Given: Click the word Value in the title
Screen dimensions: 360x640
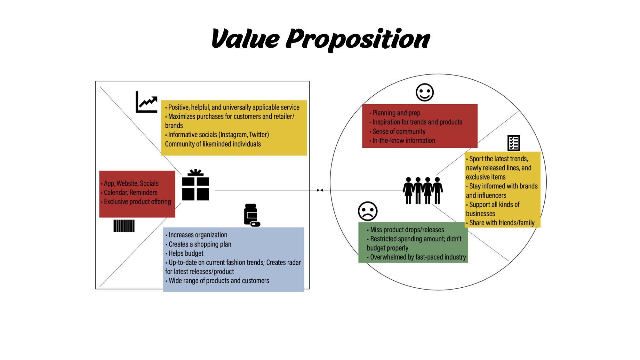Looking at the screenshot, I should [x=245, y=39].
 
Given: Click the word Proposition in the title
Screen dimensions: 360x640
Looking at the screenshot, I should [x=358, y=39].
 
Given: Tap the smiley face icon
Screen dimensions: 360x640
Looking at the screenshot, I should [x=425, y=92].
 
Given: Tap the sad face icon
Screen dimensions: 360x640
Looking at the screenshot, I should [x=368, y=211].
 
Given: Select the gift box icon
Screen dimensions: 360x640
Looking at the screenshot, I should [x=196, y=185].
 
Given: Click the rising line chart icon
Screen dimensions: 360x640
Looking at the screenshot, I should [x=147, y=102].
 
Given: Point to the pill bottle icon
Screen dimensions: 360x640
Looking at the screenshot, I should [x=252, y=215].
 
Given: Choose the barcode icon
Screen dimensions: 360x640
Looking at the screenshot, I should [x=124, y=226].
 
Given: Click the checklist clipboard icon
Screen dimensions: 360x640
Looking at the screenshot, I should [x=514, y=143].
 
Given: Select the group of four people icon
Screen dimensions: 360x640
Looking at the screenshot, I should [x=423, y=190].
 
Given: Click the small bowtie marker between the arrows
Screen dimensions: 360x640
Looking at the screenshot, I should [x=320, y=190].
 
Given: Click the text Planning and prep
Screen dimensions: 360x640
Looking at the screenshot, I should [x=396, y=113].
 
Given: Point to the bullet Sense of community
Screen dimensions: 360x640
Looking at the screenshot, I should [x=399, y=132].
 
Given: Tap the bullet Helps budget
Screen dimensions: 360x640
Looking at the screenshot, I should [x=186, y=253].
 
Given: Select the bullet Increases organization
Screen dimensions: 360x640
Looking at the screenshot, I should [x=198, y=235].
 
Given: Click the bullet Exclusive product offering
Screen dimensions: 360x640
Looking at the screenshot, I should [x=137, y=202].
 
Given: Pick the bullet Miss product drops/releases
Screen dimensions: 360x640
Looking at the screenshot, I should [x=407, y=230].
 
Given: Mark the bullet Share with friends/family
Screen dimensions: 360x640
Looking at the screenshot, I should [x=501, y=223].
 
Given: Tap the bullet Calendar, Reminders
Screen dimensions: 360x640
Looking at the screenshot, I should [x=131, y=193].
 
